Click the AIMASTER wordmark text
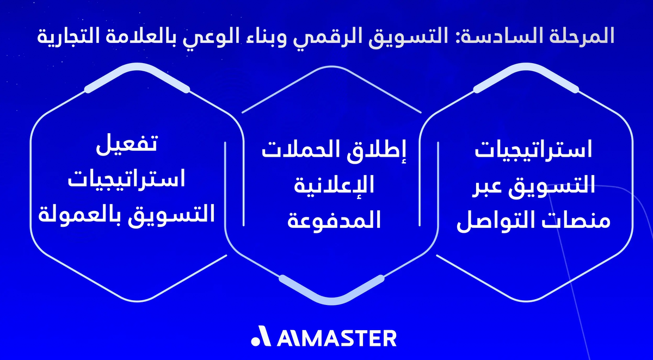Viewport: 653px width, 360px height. coord(337,337)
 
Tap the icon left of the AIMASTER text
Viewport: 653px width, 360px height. coord(259,337)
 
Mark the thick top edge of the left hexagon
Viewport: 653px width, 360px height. coord(136,71)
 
